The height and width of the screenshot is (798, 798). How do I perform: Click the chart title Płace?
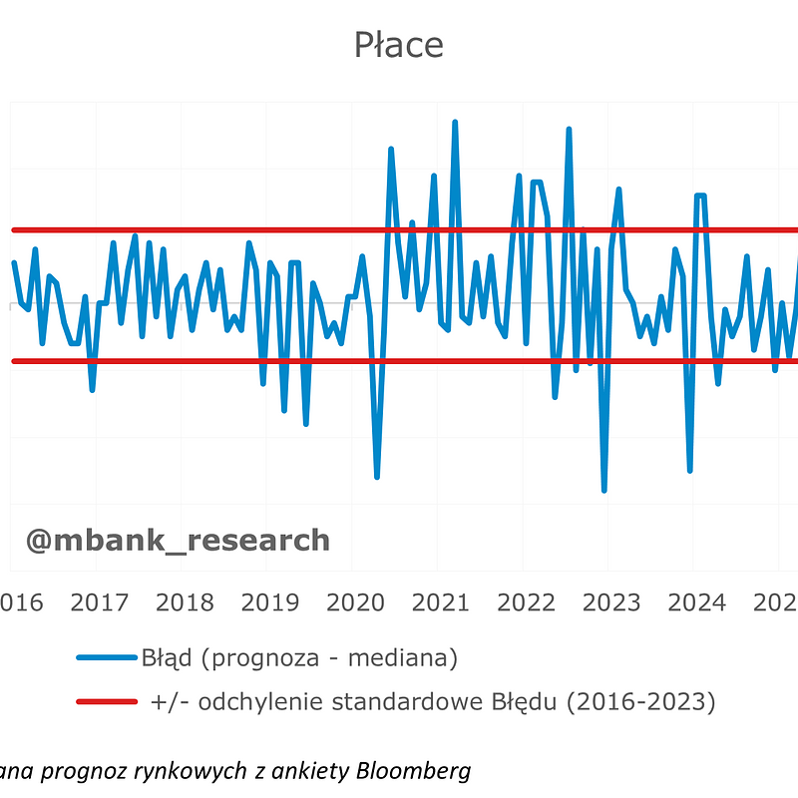click(398, 45)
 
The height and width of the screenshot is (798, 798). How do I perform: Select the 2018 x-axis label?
click(185, 602)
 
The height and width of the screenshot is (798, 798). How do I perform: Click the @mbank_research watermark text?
click(178, 540)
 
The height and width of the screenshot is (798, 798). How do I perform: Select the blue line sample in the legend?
click(106, 657)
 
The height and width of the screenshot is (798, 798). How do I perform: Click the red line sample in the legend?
click(106, 701)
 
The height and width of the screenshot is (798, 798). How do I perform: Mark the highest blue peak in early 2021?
click(455, 123)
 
